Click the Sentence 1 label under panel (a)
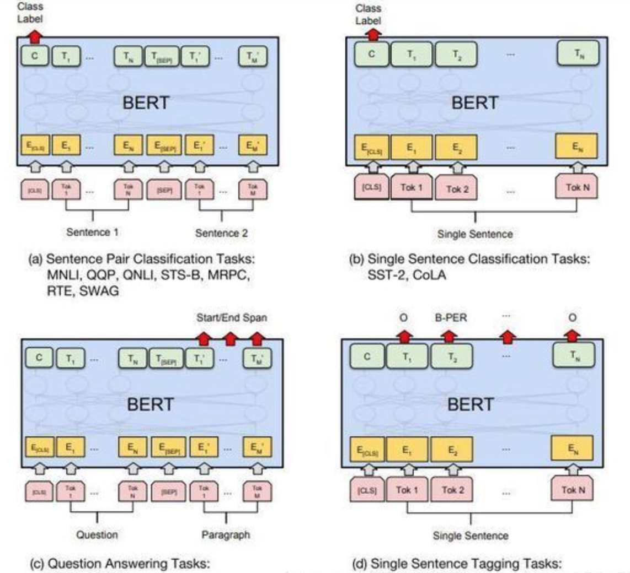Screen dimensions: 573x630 coord(92,232)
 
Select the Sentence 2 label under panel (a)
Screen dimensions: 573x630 coord(221,233)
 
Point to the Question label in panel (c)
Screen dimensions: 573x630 coord(97,534)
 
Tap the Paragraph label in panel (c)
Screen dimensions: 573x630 coord(226,534)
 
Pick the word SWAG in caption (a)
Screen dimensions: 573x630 coord(99,291)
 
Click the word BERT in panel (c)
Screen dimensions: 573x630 coord(150,404)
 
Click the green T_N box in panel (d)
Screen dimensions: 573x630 coord(574,355)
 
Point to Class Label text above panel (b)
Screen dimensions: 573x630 coord(368,14)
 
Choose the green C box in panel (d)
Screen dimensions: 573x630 coord(367,356)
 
